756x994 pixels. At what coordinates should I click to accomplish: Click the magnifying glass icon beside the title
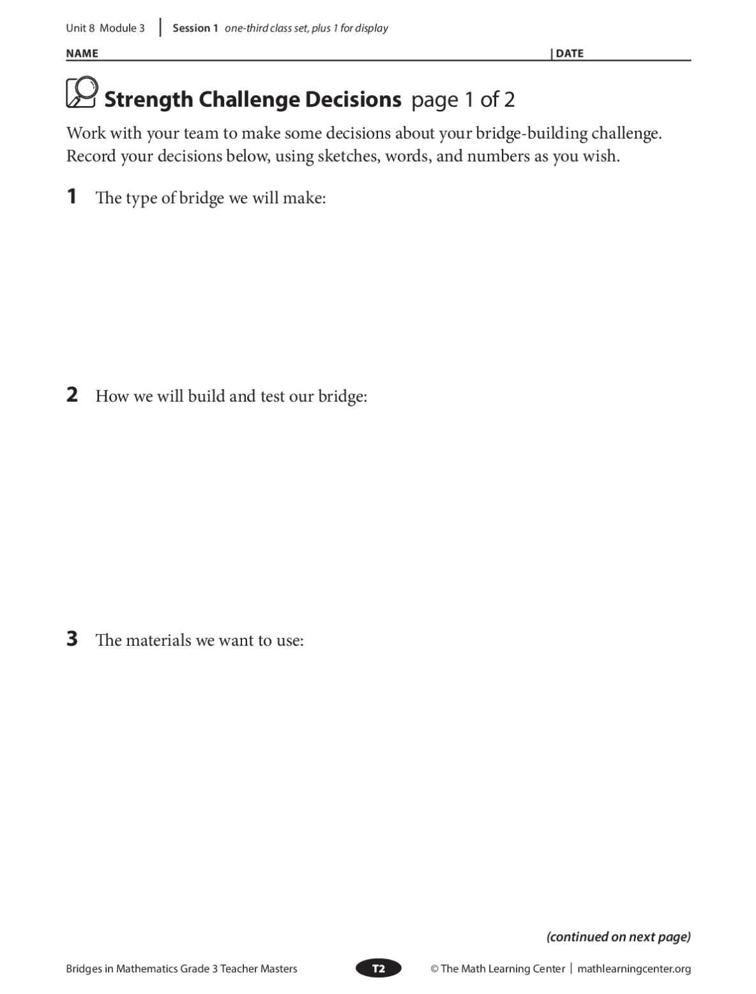coord(82,92)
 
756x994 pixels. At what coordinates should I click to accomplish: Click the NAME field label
coord(82,54)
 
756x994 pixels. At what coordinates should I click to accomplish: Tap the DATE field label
coord(570,54)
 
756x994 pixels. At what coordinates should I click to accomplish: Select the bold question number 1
coord(72,196)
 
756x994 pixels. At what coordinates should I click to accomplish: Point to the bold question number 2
coord(72,395)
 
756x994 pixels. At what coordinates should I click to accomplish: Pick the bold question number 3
coord(72,639)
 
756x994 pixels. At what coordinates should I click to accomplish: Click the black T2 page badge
coord(379,968)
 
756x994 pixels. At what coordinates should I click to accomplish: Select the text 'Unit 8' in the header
coord(80,28)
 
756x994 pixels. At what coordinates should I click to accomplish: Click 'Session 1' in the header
coord(195,28)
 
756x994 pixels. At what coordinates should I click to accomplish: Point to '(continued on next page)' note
coord(618,937)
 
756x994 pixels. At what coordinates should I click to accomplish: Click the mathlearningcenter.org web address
coord(634,969)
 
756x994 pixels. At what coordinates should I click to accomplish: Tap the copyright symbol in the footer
coord(434,969)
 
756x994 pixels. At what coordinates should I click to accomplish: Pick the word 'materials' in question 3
coord(159,640)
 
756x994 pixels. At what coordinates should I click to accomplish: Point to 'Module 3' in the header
coord(123,28)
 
